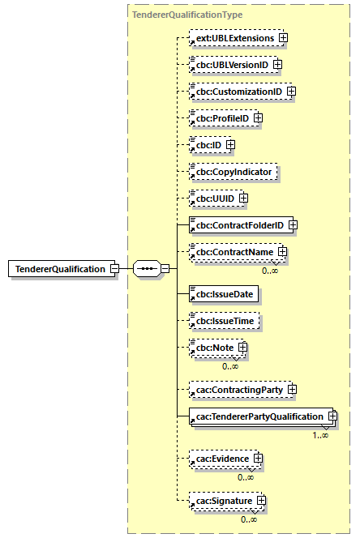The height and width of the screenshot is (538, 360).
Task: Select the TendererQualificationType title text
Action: tap(186, 15)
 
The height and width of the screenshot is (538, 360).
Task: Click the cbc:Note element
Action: tap(211, 348)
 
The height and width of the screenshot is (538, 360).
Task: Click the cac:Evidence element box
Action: tap(220, 459)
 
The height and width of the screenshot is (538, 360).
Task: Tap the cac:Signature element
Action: tap(221, 502)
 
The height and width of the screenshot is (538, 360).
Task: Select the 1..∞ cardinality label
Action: tap(320, 436)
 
